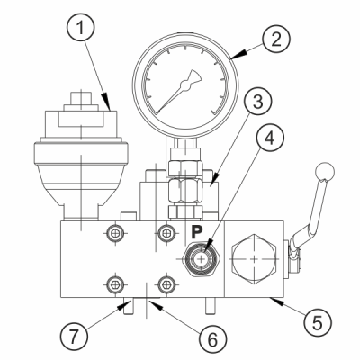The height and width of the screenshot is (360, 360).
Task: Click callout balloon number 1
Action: click(80, 28)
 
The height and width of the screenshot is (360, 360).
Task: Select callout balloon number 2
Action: click(276, 40)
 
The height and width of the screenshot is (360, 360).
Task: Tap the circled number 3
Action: click(257, 102)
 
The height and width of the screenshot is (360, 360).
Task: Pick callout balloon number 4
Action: click(270, 138)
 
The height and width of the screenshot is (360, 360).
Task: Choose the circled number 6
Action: click(212, 339)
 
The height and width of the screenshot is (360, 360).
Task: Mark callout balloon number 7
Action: click(74, 337)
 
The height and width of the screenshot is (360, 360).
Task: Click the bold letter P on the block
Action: click(197, 231)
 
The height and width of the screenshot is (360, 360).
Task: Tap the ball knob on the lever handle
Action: click(325, 172)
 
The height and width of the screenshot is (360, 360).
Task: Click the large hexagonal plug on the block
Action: click(254, 259)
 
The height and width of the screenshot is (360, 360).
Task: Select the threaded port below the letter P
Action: click(202, 258)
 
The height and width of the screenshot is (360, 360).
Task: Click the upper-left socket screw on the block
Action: click(115, 232)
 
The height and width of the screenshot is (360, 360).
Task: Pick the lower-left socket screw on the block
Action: click(115, 283)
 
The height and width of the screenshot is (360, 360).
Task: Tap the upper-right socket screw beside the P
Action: click(166, 232)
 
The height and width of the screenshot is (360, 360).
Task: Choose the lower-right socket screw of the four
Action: click(166, 283)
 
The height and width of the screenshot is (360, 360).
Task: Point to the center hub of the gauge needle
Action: click(185, 86)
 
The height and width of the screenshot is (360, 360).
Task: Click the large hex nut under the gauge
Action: click(185, 192)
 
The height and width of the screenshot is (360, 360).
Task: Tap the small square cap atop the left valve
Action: click(81, 98)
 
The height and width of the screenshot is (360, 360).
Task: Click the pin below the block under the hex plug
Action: click(210, 305)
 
